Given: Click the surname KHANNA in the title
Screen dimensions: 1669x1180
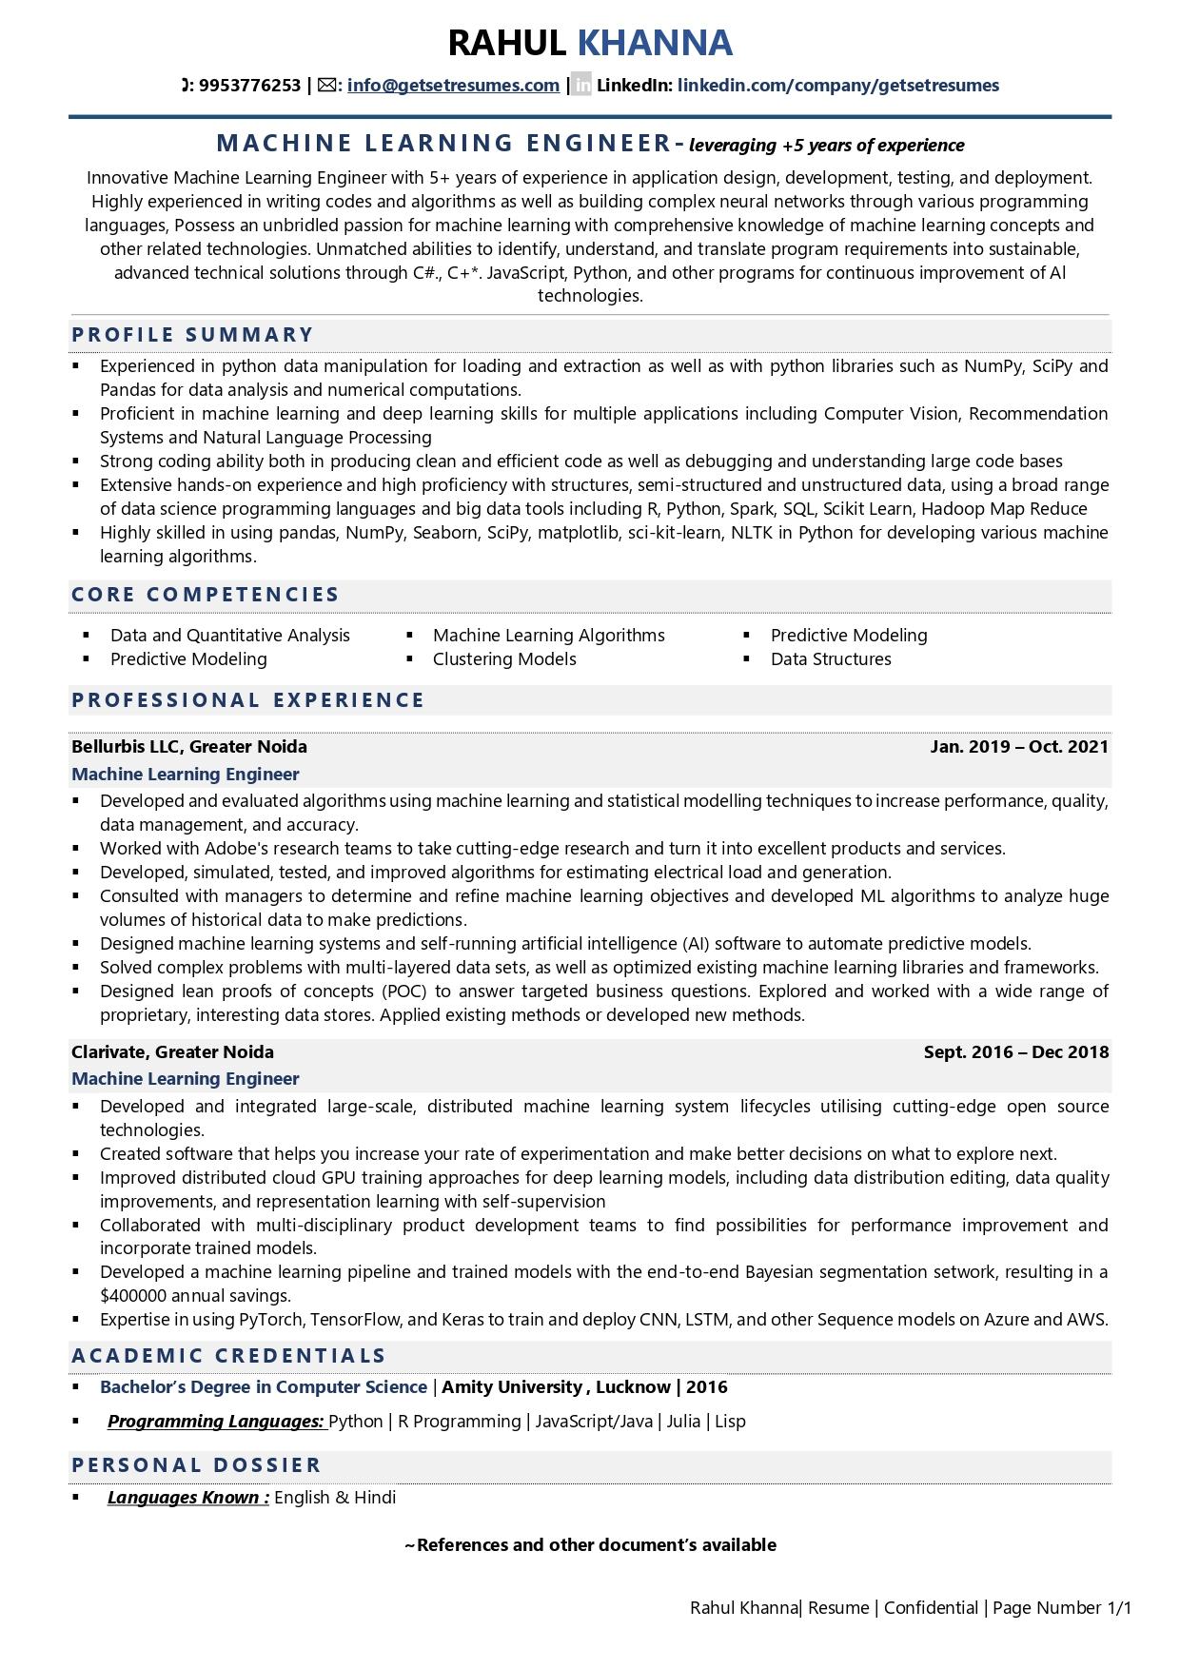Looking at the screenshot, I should coord(655,43).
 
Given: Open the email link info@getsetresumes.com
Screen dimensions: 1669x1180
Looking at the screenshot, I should coord(453,86).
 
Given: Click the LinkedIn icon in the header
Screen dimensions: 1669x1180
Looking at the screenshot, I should coord(582,86).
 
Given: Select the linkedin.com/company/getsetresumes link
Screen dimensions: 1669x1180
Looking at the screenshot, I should coord(837,86).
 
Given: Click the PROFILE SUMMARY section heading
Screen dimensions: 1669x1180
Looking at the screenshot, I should coord(192,335).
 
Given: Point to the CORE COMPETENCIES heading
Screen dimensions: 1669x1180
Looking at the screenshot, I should coord(206,595).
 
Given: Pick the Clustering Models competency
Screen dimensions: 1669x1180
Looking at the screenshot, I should coord(504,659).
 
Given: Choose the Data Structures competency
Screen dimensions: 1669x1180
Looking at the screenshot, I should coord(831,659).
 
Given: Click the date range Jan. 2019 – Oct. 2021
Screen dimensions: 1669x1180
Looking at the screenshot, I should coord(1019,747).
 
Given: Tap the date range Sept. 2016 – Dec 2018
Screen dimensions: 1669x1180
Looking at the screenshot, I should coord(1016,1052).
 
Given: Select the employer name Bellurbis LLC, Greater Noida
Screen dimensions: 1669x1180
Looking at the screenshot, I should coord(189,747).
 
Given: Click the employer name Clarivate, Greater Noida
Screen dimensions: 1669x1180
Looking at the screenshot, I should coord(172,1052).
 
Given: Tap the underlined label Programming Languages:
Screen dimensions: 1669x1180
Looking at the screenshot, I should coord(216,1422).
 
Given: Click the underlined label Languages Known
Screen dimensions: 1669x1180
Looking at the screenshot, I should coord(187,1498).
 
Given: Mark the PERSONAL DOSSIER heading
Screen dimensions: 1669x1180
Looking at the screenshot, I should coord(197,1465).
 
